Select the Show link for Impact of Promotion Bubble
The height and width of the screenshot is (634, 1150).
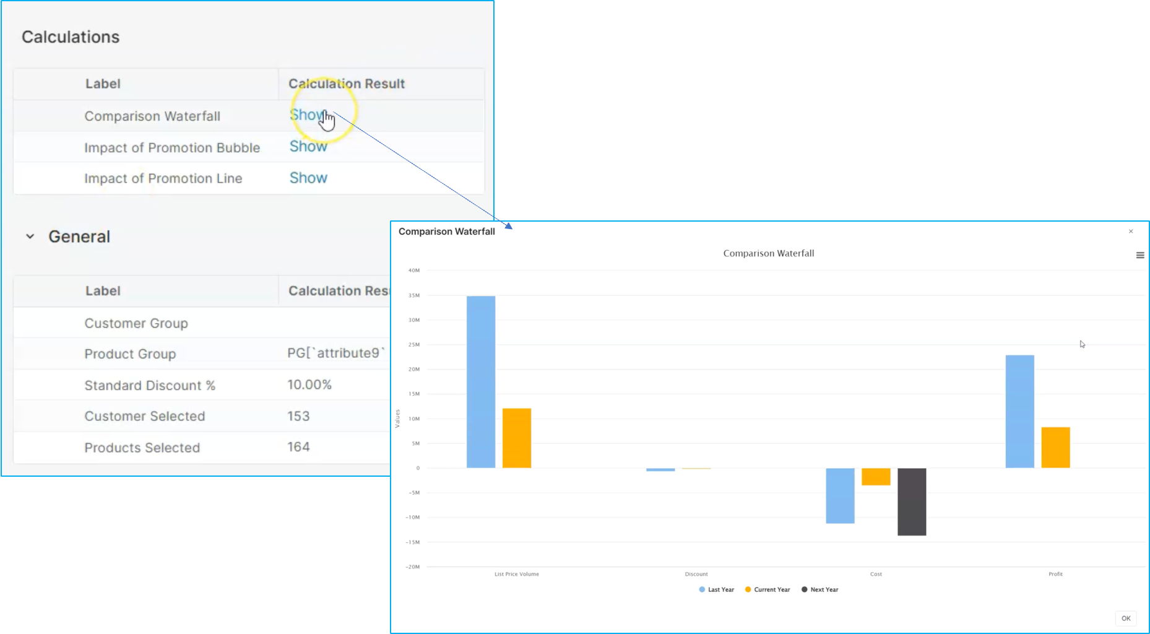[308, 147]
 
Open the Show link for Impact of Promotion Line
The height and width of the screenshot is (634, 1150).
[308, 178]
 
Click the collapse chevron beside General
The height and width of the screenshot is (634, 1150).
[30, 237]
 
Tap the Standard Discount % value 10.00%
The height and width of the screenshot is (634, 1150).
[309, 385]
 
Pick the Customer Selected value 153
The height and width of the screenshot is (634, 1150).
[298, 416]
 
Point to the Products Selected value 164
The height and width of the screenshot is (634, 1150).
[298, 447]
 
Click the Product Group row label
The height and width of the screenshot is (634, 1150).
[130, 354]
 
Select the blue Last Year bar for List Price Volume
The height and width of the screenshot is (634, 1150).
[481, 381]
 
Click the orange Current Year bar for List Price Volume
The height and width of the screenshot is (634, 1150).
[517, 438]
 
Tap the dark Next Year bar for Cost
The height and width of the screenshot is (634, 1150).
[912, 502]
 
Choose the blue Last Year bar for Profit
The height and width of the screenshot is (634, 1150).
[1019, 411]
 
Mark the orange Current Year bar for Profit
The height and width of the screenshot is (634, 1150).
[1055, 447]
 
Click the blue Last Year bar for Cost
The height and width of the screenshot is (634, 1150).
[840, 495]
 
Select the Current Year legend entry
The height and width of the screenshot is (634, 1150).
[768, 590]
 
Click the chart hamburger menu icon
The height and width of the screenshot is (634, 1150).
[1140, 255]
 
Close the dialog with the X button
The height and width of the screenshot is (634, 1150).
[1131, 232]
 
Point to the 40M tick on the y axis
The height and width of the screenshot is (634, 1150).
[414, 271]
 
